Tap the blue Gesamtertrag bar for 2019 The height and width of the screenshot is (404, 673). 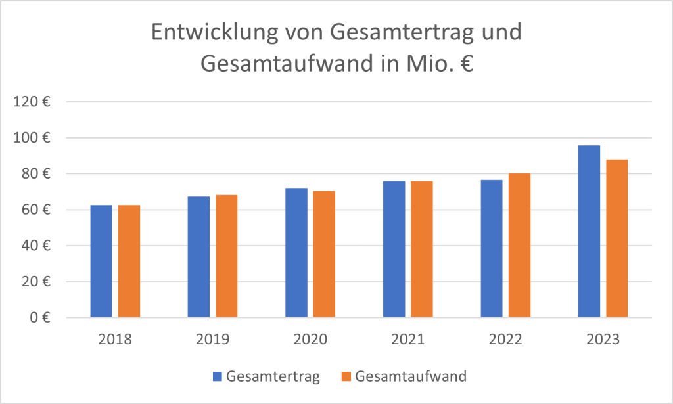(x=198, y=257)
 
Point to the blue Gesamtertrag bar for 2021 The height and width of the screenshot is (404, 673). (x=394, y=249)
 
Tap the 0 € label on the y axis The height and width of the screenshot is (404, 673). (x=43, y=318)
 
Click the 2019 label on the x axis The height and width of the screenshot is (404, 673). (x=212, y=340)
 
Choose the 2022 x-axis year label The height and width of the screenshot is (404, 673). (x=505, y=340)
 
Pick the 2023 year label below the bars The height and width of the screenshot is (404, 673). (x=603, y=340)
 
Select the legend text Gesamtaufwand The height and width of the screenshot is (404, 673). (x=411, y=377)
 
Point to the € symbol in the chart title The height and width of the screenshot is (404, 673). (x=464, y=65)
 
